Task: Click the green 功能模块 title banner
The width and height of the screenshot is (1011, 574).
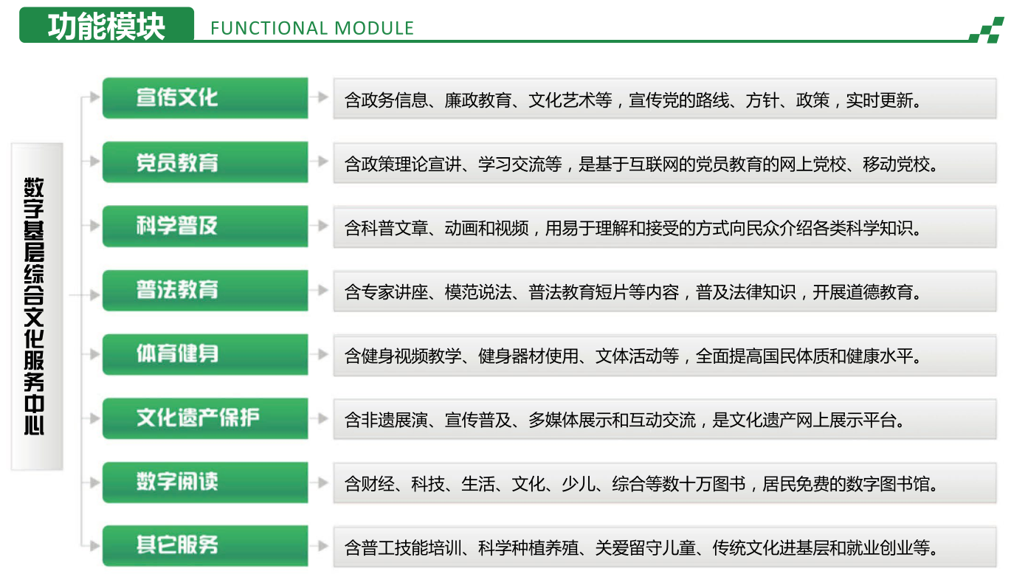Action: pyautogui.click(x=106, y=25)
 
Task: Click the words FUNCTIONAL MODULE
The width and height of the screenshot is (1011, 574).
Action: pyautogui.click(x=312, y=29)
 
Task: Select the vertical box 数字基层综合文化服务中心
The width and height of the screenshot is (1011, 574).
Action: pyautogui.click(x=37, y=306)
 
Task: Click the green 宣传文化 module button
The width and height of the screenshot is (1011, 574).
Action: pyautogui.click(x=205, y=98)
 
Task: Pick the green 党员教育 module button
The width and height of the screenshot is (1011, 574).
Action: pyautogui.click(x=205, y=162)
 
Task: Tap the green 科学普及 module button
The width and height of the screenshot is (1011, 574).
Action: pyautogui.click(x=205, y=226)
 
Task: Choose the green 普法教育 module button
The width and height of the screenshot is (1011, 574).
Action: pyautogui.click(x=205, y=290)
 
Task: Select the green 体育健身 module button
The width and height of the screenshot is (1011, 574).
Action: pyautogui.click(x=205, y=354)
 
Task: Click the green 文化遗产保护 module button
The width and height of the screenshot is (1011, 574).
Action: pyautogui.click(x=205, y=418)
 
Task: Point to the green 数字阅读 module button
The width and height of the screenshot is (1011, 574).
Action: pyautogui.click(x=205, y=483)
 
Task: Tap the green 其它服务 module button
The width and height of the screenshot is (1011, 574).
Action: pyautogui.click(x=205, y=546)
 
